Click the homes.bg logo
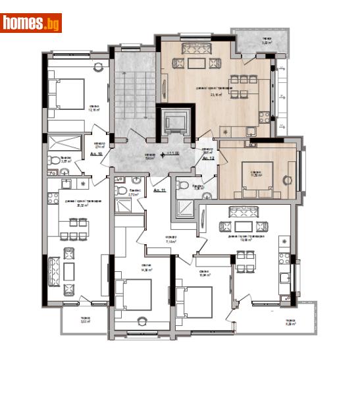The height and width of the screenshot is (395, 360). pyautogui.click(x=31, y=23)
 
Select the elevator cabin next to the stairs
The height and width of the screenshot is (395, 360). pyautogui.click(x=175, y=122)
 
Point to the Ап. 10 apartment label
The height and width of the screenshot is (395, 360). pyautogui.click(x=95, y=153)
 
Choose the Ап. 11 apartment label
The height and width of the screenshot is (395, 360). pyautogui.click(x=159, y=190)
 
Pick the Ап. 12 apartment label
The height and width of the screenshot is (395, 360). pyautogui.click(x=209, y=159)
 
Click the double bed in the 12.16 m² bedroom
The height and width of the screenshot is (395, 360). pyautogui.click(x=66, y=93)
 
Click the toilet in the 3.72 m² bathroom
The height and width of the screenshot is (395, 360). pyautogui.click(x=121, y=191)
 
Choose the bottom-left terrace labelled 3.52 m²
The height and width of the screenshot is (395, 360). pyautogui.click(x=84, y=320)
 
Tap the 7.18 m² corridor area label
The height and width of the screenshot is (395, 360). pyautogui.click(x=152, y=240)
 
